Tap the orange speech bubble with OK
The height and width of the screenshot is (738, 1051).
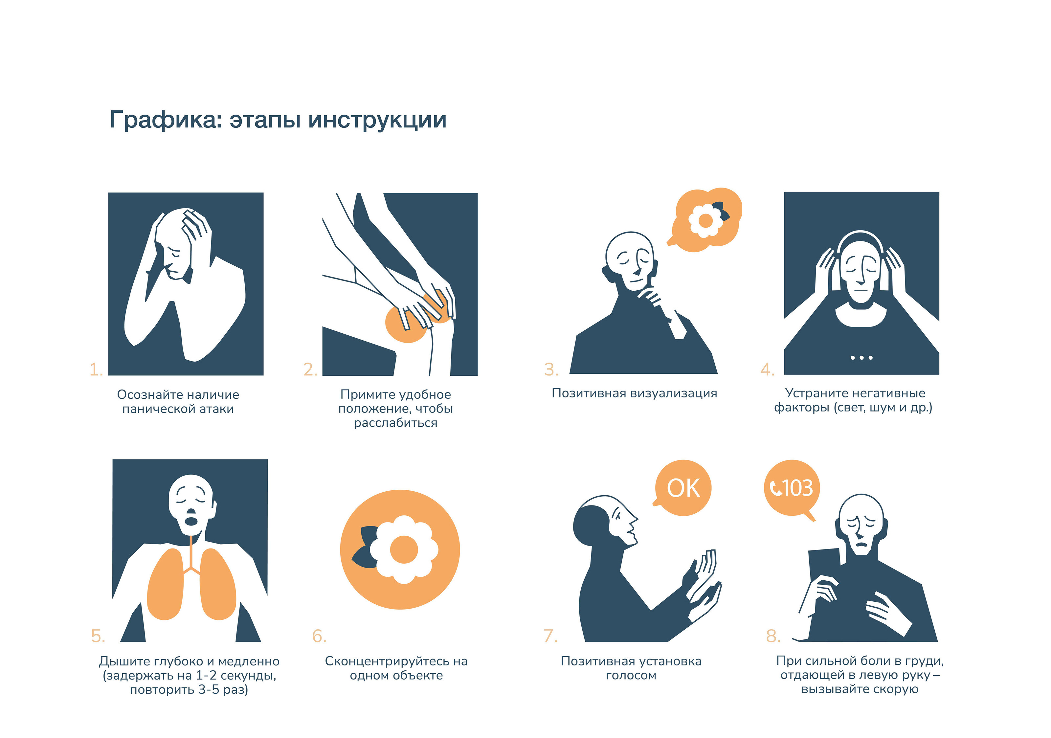pos(682,488)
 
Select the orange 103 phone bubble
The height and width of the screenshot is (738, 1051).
pos(792,488)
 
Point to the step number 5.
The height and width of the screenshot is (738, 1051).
pos(98,636)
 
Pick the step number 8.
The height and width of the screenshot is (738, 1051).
pos(773,636)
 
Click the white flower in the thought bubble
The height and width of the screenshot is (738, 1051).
pos(705,221)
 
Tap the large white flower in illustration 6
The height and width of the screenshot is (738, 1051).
pos(404,549)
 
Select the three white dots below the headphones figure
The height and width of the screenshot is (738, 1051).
pos(861,358)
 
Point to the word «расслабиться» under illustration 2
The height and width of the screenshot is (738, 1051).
pos(395,423)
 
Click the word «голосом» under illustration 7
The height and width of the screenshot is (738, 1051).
pos(631,676)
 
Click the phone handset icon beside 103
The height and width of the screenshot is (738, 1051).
pos(775,488)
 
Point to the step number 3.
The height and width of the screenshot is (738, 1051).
pos(551,369)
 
